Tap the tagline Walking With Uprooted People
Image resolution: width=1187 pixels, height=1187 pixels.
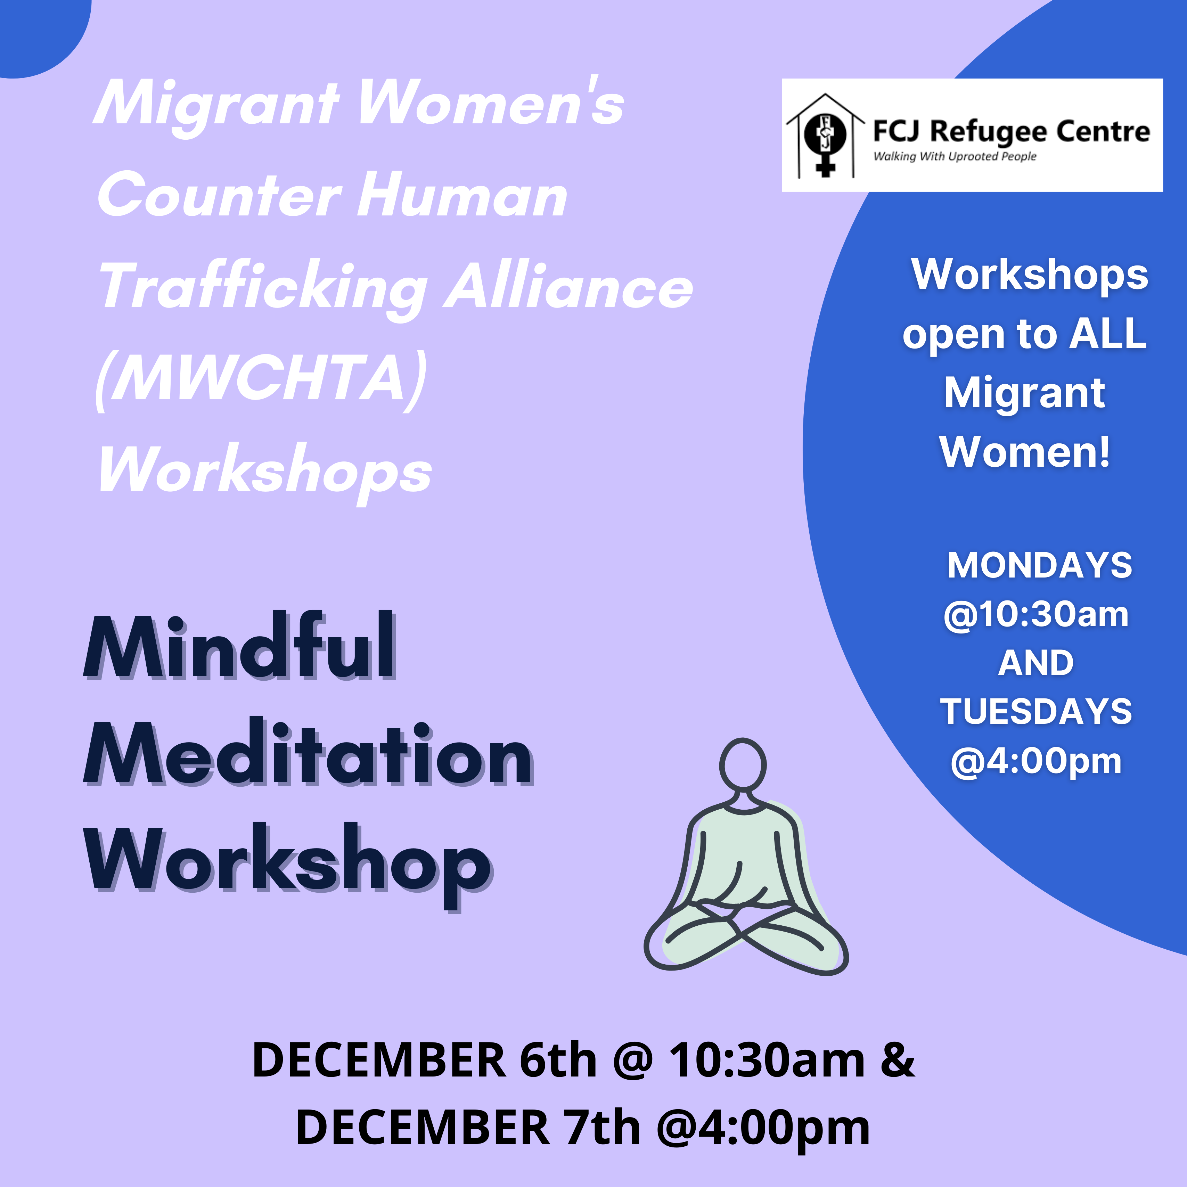tap(955, 157)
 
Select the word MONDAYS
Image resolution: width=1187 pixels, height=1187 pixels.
tap(1040, 565)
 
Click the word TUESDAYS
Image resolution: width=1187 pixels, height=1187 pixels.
tap(1036, 711)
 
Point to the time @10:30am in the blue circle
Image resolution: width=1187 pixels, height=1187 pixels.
tap(1036, 614)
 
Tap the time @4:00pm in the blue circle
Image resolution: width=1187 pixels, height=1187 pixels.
tap(1036, 761)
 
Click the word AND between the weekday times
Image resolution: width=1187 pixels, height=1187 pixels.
tap(1036, 663)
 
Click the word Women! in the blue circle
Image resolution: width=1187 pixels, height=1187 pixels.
tap(1025, 452)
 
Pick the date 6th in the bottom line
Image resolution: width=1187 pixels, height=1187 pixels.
tap(558, 1061)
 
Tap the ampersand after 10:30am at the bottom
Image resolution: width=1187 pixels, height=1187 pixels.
tap(898, 1061)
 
